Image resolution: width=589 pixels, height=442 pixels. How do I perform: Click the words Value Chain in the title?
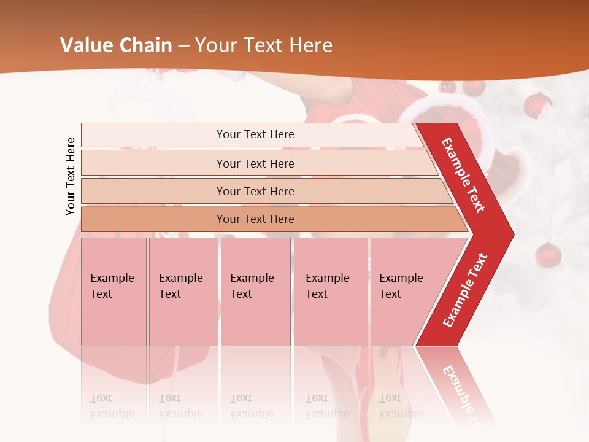[116, 45]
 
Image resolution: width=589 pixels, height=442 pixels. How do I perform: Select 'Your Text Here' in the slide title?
[264, 45]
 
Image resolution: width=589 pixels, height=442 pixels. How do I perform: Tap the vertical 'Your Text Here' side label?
[71, 176]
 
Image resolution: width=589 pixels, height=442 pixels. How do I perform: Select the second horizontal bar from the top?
[255, 163]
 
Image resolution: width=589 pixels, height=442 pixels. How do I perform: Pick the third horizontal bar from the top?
[255, 192]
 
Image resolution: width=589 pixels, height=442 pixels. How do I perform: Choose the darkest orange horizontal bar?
[255, 219]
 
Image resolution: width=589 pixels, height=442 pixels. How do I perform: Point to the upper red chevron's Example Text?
[463, 175]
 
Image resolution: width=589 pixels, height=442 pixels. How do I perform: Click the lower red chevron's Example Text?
[464, 290]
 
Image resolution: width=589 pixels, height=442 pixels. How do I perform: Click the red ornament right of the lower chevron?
[547, 254]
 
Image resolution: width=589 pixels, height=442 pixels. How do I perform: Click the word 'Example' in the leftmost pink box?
[112, 278]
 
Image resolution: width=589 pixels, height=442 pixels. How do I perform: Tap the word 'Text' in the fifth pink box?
[390, 294]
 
